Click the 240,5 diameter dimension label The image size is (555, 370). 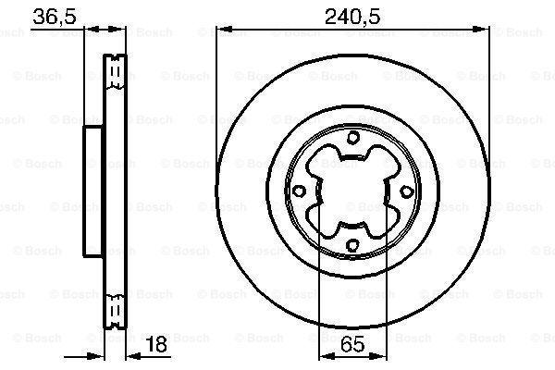click(352, 15)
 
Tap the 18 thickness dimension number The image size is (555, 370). click(159, 346)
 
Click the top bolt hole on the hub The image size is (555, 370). click(353, 138)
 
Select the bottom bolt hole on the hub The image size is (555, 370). click(352, 244)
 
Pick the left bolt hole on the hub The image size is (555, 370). click(300, 191)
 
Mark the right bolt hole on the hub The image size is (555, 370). click(405, 191)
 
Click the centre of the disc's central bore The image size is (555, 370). click(352, 191)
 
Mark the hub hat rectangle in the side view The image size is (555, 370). click(92, 191)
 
